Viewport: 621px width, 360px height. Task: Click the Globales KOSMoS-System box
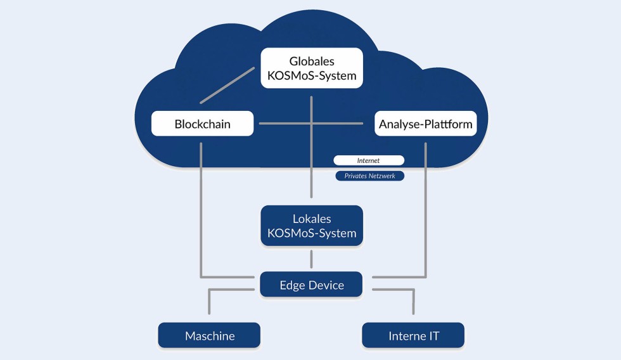pos(311,68)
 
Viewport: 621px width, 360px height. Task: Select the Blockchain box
pos(202,124)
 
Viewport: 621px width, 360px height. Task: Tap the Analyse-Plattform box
pos(425,124)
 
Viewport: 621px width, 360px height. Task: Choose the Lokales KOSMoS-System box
pos(311,226)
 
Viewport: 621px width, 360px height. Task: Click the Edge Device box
pos(311,285)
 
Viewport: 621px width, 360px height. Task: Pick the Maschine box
pos(209,335)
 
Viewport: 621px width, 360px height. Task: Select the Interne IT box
pos(413,335)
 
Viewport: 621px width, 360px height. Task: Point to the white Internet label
pos(368,160)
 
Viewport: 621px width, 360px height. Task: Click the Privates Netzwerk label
pos(369,176)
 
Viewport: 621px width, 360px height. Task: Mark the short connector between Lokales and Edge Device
pos(311,259)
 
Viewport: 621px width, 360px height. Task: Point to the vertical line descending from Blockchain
pos(201,209)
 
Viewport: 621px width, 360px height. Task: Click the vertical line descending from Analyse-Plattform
pos(425,209)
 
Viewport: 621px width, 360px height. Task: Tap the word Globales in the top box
pos(311,61)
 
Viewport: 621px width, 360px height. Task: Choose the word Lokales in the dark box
pos(311,219)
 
